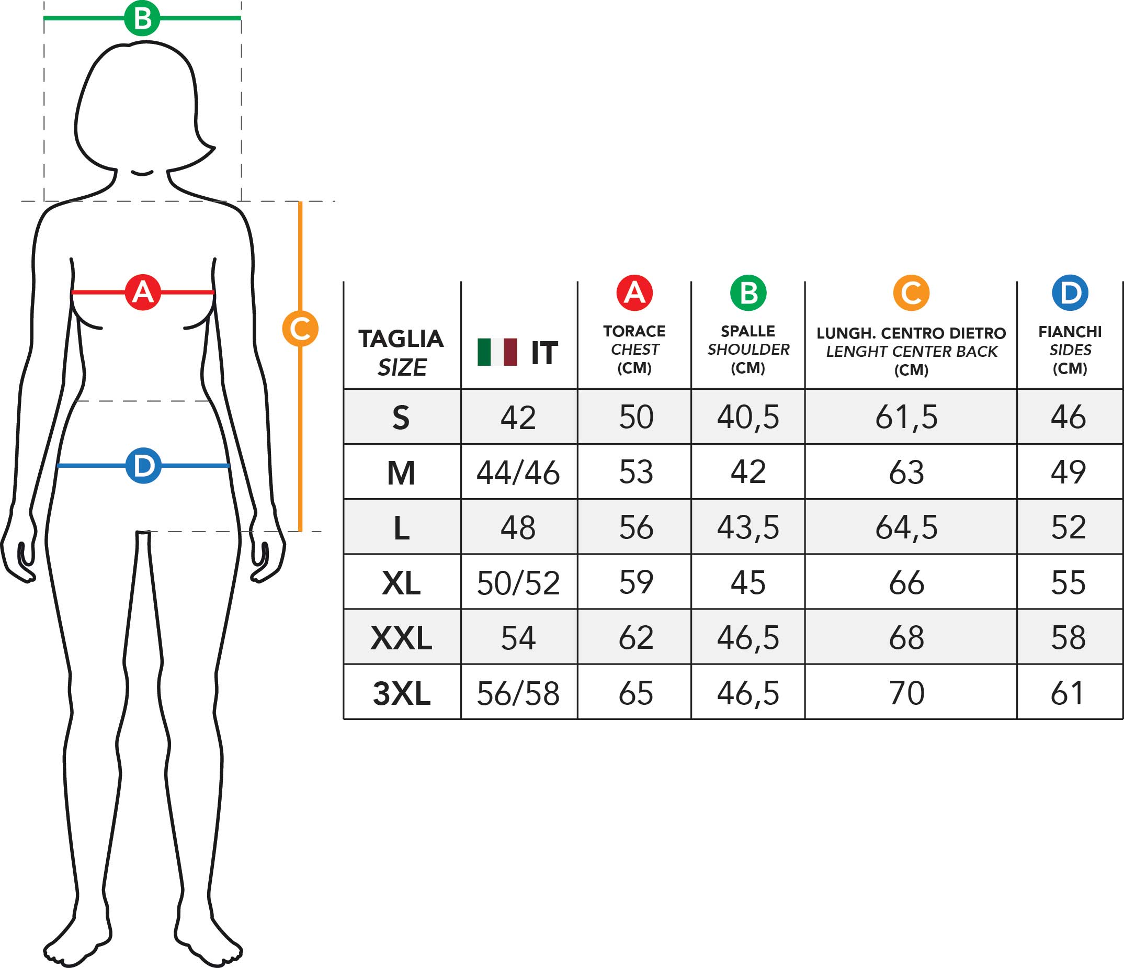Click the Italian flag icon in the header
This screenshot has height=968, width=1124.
pos(497,352)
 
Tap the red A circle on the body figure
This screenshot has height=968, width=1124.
pos(143,292)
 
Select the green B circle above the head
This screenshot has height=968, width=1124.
pos(142,18)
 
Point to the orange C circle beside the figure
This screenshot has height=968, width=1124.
pos(300,329)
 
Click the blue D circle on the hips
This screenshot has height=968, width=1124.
pos(143,466)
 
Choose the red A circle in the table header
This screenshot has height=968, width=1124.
pos(634,293)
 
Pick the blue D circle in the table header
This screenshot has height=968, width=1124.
pos(1070,293)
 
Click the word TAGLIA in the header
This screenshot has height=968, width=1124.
pos(401,339)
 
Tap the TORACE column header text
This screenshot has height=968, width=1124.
pos(634,331)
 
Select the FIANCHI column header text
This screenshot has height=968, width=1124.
pos(1070,332)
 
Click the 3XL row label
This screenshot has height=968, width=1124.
pos(402,693)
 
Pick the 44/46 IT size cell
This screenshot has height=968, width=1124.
pos(518,472)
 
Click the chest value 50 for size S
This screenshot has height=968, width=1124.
pos(636,417)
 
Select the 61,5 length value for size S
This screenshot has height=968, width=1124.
pos(906,417)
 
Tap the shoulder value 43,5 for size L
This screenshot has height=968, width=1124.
pos(747,527)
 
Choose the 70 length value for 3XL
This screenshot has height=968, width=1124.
pos(906,693)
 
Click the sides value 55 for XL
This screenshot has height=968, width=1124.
pos(1068,583)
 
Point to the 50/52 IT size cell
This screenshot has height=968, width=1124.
pos(518,583)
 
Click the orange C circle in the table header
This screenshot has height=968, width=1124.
pos(911,293)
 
